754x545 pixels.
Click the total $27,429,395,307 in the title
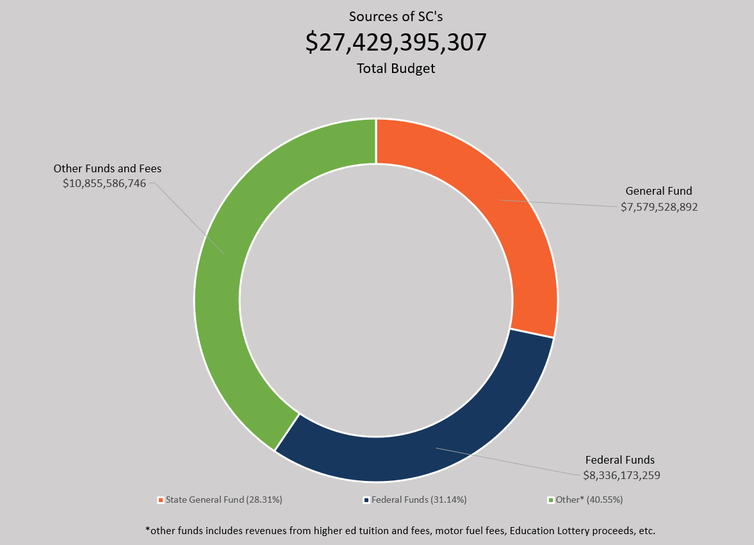(396, 42)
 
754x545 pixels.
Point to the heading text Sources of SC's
(396, 16)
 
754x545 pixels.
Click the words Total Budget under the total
(396, 68)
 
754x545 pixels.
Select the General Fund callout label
(659, 191)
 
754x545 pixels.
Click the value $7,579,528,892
(659, 207)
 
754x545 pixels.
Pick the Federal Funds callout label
(620, 460)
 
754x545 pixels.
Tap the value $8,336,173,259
(621, 475)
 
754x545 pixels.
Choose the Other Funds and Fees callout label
(107, 168)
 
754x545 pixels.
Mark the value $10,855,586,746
(104, 183)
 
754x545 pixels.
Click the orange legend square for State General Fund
(160, 500)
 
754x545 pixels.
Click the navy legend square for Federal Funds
(366, 500)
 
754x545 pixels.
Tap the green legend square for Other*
(550, 500)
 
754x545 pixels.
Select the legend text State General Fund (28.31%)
(224, 500)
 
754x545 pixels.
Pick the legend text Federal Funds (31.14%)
(419, 500)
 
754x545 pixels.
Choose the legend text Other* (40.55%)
(589, 500)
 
